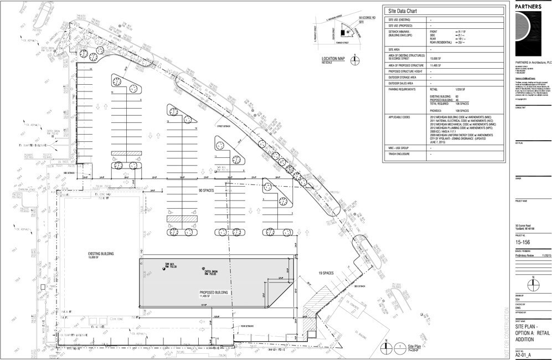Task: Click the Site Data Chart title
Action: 404,11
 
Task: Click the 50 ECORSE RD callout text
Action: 367,18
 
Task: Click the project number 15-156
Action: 523,242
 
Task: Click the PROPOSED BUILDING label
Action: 214,291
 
